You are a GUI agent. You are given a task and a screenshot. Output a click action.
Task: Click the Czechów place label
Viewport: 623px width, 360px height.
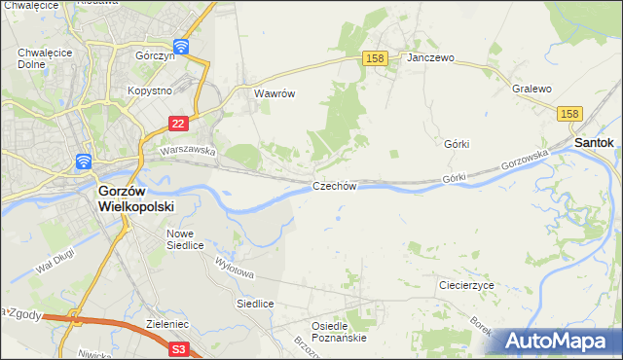point(335,186)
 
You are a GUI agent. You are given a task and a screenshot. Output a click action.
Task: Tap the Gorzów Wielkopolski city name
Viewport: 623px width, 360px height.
point(135,199)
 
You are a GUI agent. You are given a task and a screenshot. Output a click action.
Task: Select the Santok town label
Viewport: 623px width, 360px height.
point(594,142)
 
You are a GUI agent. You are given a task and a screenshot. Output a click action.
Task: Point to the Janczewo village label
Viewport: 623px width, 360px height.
point(431,58)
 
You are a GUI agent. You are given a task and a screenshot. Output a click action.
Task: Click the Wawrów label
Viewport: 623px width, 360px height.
point(274,94)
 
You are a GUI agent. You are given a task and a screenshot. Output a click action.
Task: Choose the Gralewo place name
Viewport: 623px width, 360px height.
point(531,89)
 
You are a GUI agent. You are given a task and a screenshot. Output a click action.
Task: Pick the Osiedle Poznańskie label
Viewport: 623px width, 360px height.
point(338,331)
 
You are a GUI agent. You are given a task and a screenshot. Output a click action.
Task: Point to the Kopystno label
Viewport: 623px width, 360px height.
point(150,90)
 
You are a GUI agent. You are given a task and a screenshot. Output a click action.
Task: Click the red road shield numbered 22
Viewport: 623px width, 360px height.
point(177,124)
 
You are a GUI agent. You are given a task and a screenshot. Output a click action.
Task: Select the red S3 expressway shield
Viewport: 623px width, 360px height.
point(177,347)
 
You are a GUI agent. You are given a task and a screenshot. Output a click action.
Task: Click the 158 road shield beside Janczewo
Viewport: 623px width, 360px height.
point(377,58)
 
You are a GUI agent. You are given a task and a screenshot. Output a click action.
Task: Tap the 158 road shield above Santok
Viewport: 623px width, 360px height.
point(570,114)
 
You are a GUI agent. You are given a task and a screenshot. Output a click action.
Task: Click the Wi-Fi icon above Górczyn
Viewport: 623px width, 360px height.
point(181,46)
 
